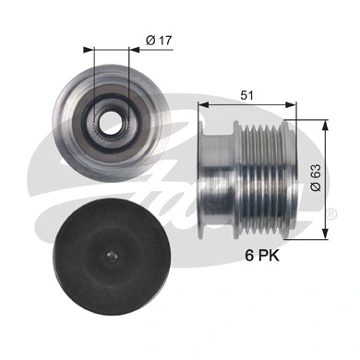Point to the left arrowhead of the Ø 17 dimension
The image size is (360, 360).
coord(88,52)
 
